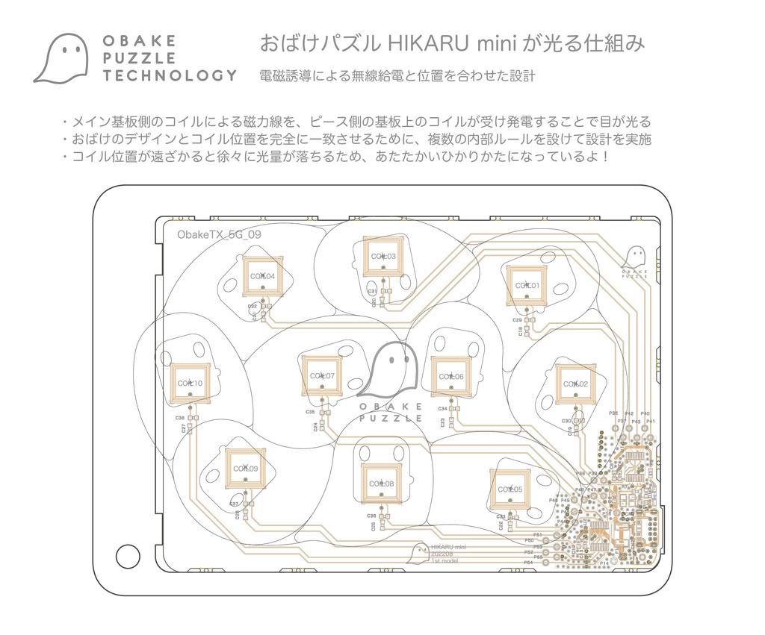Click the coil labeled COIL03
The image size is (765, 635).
[382, 257]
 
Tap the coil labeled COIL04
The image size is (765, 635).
[262, 276]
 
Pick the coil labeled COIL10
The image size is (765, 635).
[190, 384]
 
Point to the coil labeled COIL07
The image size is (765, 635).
[322, 375]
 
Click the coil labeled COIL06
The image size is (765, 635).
[451, 377]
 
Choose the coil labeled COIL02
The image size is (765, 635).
[574, 384]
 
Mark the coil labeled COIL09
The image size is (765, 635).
[244, 469]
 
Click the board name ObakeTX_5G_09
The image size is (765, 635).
[219, 234]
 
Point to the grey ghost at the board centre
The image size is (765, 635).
[389, 369]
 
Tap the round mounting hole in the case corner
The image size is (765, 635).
[126, 556]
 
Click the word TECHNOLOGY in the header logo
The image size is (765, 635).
[170, 75]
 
